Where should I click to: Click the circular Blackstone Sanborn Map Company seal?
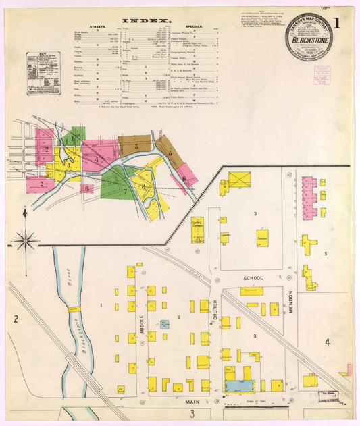[308, 36]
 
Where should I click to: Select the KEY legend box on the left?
[43, 73]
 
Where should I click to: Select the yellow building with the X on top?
[239, 180]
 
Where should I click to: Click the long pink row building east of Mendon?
[309, 196]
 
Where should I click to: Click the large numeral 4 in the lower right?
[327, 342]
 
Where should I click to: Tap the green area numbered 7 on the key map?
[115, 185]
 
